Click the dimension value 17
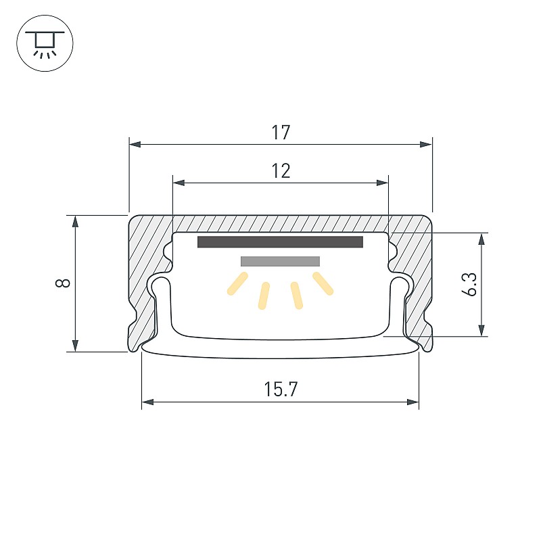click(x=281, y=133)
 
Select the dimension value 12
click(x=281, y=171)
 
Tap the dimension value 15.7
click(x=281, y=390)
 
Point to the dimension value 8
click(x=63, y=283)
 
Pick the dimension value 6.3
click(x=469, y=284)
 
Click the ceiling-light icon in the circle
click(x=45, y=43)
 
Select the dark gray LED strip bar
click(x=280, y=242)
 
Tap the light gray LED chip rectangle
click(x=280, y=261)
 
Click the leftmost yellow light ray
click(x=237, y=283)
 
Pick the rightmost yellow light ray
click(x=323, y=283)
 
